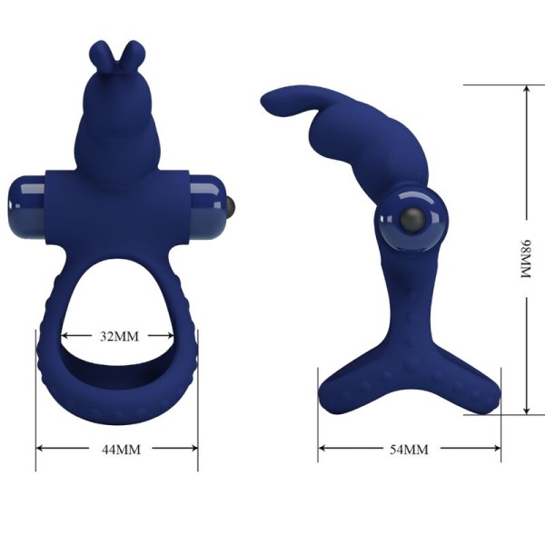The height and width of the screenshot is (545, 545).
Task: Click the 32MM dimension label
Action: [x=118, y=336]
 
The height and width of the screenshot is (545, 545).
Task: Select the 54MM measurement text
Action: [x=409, y=450]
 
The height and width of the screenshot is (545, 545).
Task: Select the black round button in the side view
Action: [x=411, y=221]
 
